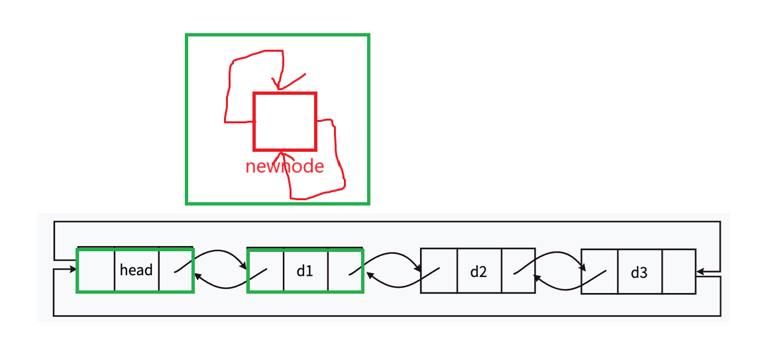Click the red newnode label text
point(284,166)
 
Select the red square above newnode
point(285,121)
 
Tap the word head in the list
point(136,270)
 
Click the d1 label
point(305,270)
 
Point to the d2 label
point(478,270)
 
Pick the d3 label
point(639,271)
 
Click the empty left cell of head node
point(97,270)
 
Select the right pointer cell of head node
point(176,270)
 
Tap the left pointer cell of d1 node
point(266,270)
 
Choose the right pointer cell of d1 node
point(345,270)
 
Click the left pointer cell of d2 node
point(439,270)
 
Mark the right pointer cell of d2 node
point(517,270)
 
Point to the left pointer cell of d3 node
point(600,271)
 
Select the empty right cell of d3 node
point(679,271)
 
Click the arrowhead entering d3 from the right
point(700,271)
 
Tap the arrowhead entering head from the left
point(73,270)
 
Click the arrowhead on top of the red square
point(278,86)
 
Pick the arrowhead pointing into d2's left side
point(419,269)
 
